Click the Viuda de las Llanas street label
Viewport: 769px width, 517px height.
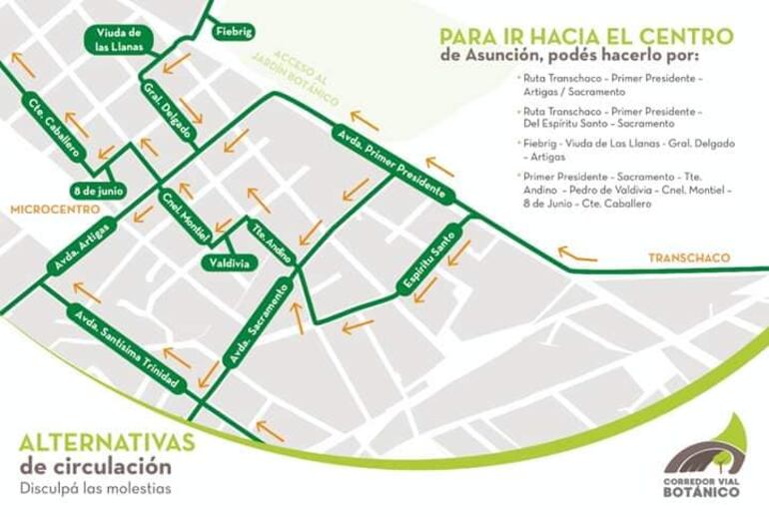(117, 40)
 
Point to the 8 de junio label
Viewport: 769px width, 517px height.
(98, 190)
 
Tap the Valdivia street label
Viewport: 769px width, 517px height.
(229, 262)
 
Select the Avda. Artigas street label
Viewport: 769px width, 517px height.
(82, 246)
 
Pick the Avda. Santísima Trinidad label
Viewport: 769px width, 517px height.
(127, 349)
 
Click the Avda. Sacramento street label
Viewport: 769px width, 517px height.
(258, 321)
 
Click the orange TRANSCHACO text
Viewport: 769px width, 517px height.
(688, 258)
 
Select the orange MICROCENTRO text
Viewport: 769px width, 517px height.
(55, 210)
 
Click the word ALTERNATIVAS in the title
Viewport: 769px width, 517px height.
(107, 442)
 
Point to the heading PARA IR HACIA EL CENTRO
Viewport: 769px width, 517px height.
(586, 36)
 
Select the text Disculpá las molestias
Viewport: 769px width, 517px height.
(95, 488)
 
